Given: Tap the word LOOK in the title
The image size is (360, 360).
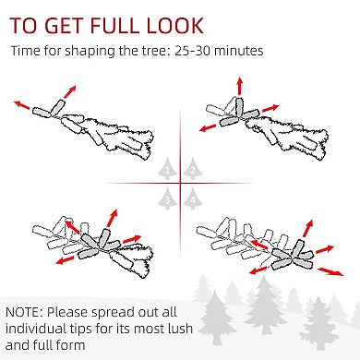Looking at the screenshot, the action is (174, 25).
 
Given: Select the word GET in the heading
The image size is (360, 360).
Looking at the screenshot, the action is (66, 25).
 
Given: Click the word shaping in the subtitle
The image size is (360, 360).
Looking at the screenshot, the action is (90, 52).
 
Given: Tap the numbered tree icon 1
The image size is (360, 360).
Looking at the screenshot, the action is (167, 168).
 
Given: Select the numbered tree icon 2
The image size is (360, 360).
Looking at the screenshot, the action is (193, 168).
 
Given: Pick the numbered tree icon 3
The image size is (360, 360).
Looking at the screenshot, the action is (167, 198).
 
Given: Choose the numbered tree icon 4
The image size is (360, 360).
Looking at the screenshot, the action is (193, 198).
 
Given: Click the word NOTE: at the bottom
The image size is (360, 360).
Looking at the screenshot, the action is (24, 312).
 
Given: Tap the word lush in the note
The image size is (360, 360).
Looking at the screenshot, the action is (180, 329).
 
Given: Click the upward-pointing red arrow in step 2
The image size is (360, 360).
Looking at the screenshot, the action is (239, 87).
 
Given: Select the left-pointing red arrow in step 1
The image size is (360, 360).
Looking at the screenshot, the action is (22, 104).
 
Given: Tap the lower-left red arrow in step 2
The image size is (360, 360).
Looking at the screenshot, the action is (208, 127).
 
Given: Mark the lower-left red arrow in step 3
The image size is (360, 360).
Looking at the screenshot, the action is (65, 260).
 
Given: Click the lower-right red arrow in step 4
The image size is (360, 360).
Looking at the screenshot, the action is (330, 271).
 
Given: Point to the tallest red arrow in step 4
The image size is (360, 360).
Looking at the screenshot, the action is (308, 229).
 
